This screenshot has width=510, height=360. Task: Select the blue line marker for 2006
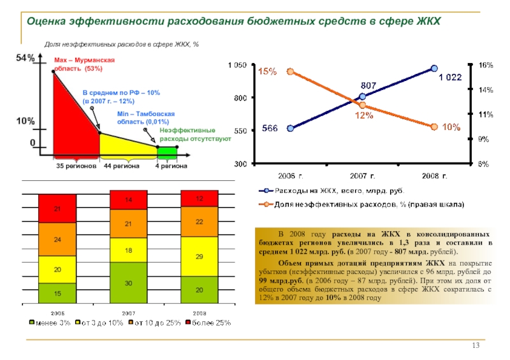(x=291, y=128)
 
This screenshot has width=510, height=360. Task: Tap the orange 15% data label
(x=267, y=71)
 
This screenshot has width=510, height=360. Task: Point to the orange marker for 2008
(x=434, y=126)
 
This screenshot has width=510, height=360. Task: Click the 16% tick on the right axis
(x=486, y=65)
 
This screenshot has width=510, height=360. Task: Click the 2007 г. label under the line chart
(x=362, y=174)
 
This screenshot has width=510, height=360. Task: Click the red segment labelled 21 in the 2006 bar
(x=57, y=208)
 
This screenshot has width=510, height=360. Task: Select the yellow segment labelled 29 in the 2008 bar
(x=200, y=256)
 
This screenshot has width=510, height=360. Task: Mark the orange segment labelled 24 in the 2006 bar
(x=57, y=240)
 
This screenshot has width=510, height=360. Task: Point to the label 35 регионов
(x=76, y=166)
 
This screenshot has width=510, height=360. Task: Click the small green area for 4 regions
(x=167, y=152)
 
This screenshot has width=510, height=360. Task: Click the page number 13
(x=475, y=345)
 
